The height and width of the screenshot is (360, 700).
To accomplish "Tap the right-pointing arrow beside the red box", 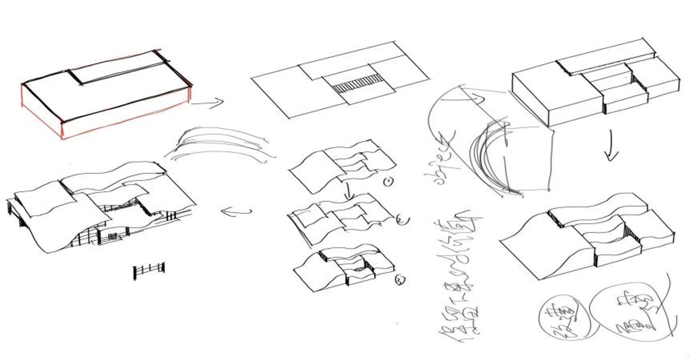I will [x=208, y=102].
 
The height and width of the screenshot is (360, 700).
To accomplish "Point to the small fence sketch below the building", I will [x=149, y=270].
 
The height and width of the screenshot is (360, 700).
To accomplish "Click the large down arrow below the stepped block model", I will [x=610, y=147].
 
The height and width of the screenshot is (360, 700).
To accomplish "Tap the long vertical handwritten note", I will [x=460, y=275].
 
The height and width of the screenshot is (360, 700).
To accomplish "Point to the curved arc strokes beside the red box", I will [x=219, y=145].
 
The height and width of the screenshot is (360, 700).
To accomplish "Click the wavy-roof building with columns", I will [x=100, y=205].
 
